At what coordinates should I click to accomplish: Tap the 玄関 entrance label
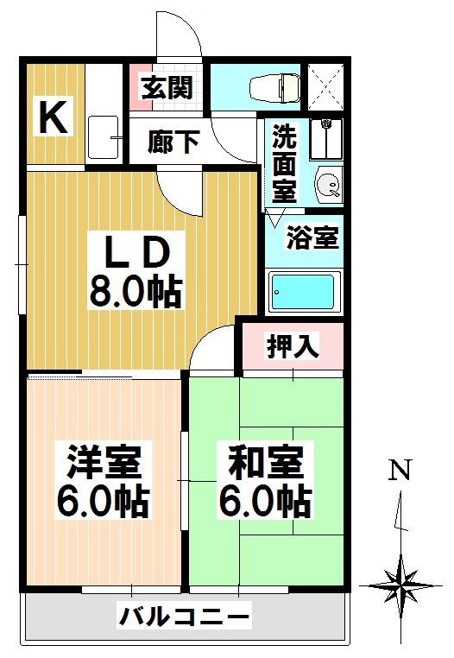pos(167,89)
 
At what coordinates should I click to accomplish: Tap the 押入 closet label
pos(293,345)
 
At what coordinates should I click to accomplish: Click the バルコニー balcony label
pos(185,617)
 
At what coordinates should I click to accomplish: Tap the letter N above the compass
pos(398,471)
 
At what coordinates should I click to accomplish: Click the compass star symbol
pos(400,585)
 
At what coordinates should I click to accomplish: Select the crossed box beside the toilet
pos(328,87)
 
